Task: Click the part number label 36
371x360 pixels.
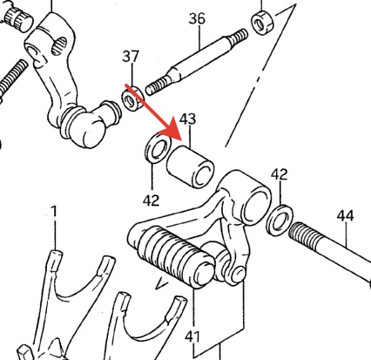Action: click(x=197, y=18)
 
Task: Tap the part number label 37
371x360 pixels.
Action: click(x=131, y=57)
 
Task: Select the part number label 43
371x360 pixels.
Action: click(x=187, y=119)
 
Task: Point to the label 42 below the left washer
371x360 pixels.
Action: click(x=151, y=200)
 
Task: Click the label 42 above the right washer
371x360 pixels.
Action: click(x=280, y=174)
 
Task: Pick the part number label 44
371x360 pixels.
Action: click(x=345, y=216)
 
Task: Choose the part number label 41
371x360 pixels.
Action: click(x=192, y=336)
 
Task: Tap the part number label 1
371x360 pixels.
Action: click(x=54, y=211)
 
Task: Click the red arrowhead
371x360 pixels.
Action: click(x=171, y=130)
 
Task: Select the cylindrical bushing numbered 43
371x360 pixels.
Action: click(x=190, y=166)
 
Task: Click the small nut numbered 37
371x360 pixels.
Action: click(x=133, y=98)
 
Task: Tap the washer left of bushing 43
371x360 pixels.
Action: click(x=159, y=148)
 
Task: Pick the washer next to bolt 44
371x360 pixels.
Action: click(x=280, y=220)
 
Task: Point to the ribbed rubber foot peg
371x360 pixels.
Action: click(x=175, y=256)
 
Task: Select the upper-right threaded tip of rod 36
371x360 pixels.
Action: click(x=238, y=36)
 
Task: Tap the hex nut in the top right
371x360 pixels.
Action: click(x=263, y=24)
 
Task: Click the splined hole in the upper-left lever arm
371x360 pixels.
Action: click(x=59, y=46)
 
